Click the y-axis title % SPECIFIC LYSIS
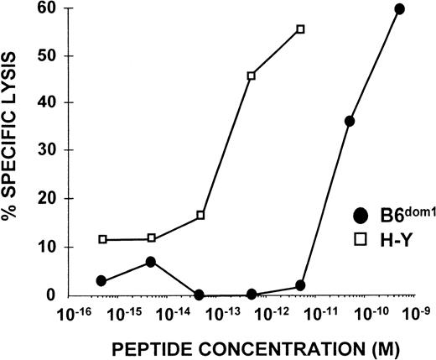click(14, 152)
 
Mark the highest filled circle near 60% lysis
click(399, 9)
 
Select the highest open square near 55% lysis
click(300, 29)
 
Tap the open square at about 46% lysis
click(252, 76)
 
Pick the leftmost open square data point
click(102, 239)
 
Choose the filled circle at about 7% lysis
click(151, 262)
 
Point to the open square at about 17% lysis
click(200, 215)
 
